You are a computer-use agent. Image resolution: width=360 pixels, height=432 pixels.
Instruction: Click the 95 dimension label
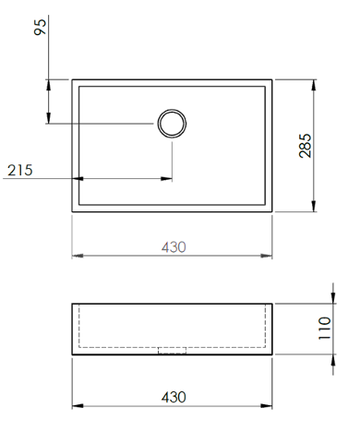pos(40,27)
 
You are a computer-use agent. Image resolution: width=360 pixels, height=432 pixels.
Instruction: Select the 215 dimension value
pos(20,170)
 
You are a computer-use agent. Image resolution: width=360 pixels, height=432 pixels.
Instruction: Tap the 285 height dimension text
pos(306,146)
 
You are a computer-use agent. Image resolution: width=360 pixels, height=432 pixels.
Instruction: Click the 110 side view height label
pos(324,328)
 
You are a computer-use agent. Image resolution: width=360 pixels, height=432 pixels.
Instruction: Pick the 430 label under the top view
pos(174,247)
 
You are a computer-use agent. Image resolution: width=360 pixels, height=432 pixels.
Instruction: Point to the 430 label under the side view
pos(174,397)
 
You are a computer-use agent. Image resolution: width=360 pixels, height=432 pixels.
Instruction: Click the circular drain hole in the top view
pos(172,124)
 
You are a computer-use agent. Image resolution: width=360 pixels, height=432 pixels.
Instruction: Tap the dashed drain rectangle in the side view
pos(172,351)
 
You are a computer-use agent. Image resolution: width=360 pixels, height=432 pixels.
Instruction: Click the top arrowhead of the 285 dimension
pos(314,85)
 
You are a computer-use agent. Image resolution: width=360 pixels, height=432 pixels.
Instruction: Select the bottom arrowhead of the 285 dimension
pos(314,206)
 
